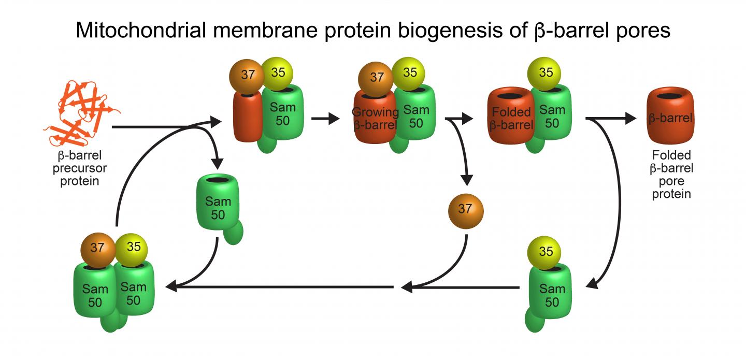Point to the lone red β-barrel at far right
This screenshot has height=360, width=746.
(670, 116)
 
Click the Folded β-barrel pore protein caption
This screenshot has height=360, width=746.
(671, 175)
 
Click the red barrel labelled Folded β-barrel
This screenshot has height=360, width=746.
(511, 117)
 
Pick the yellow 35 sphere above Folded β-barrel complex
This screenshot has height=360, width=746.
(546, 73)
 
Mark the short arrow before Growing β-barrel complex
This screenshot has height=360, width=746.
(324, 119)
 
